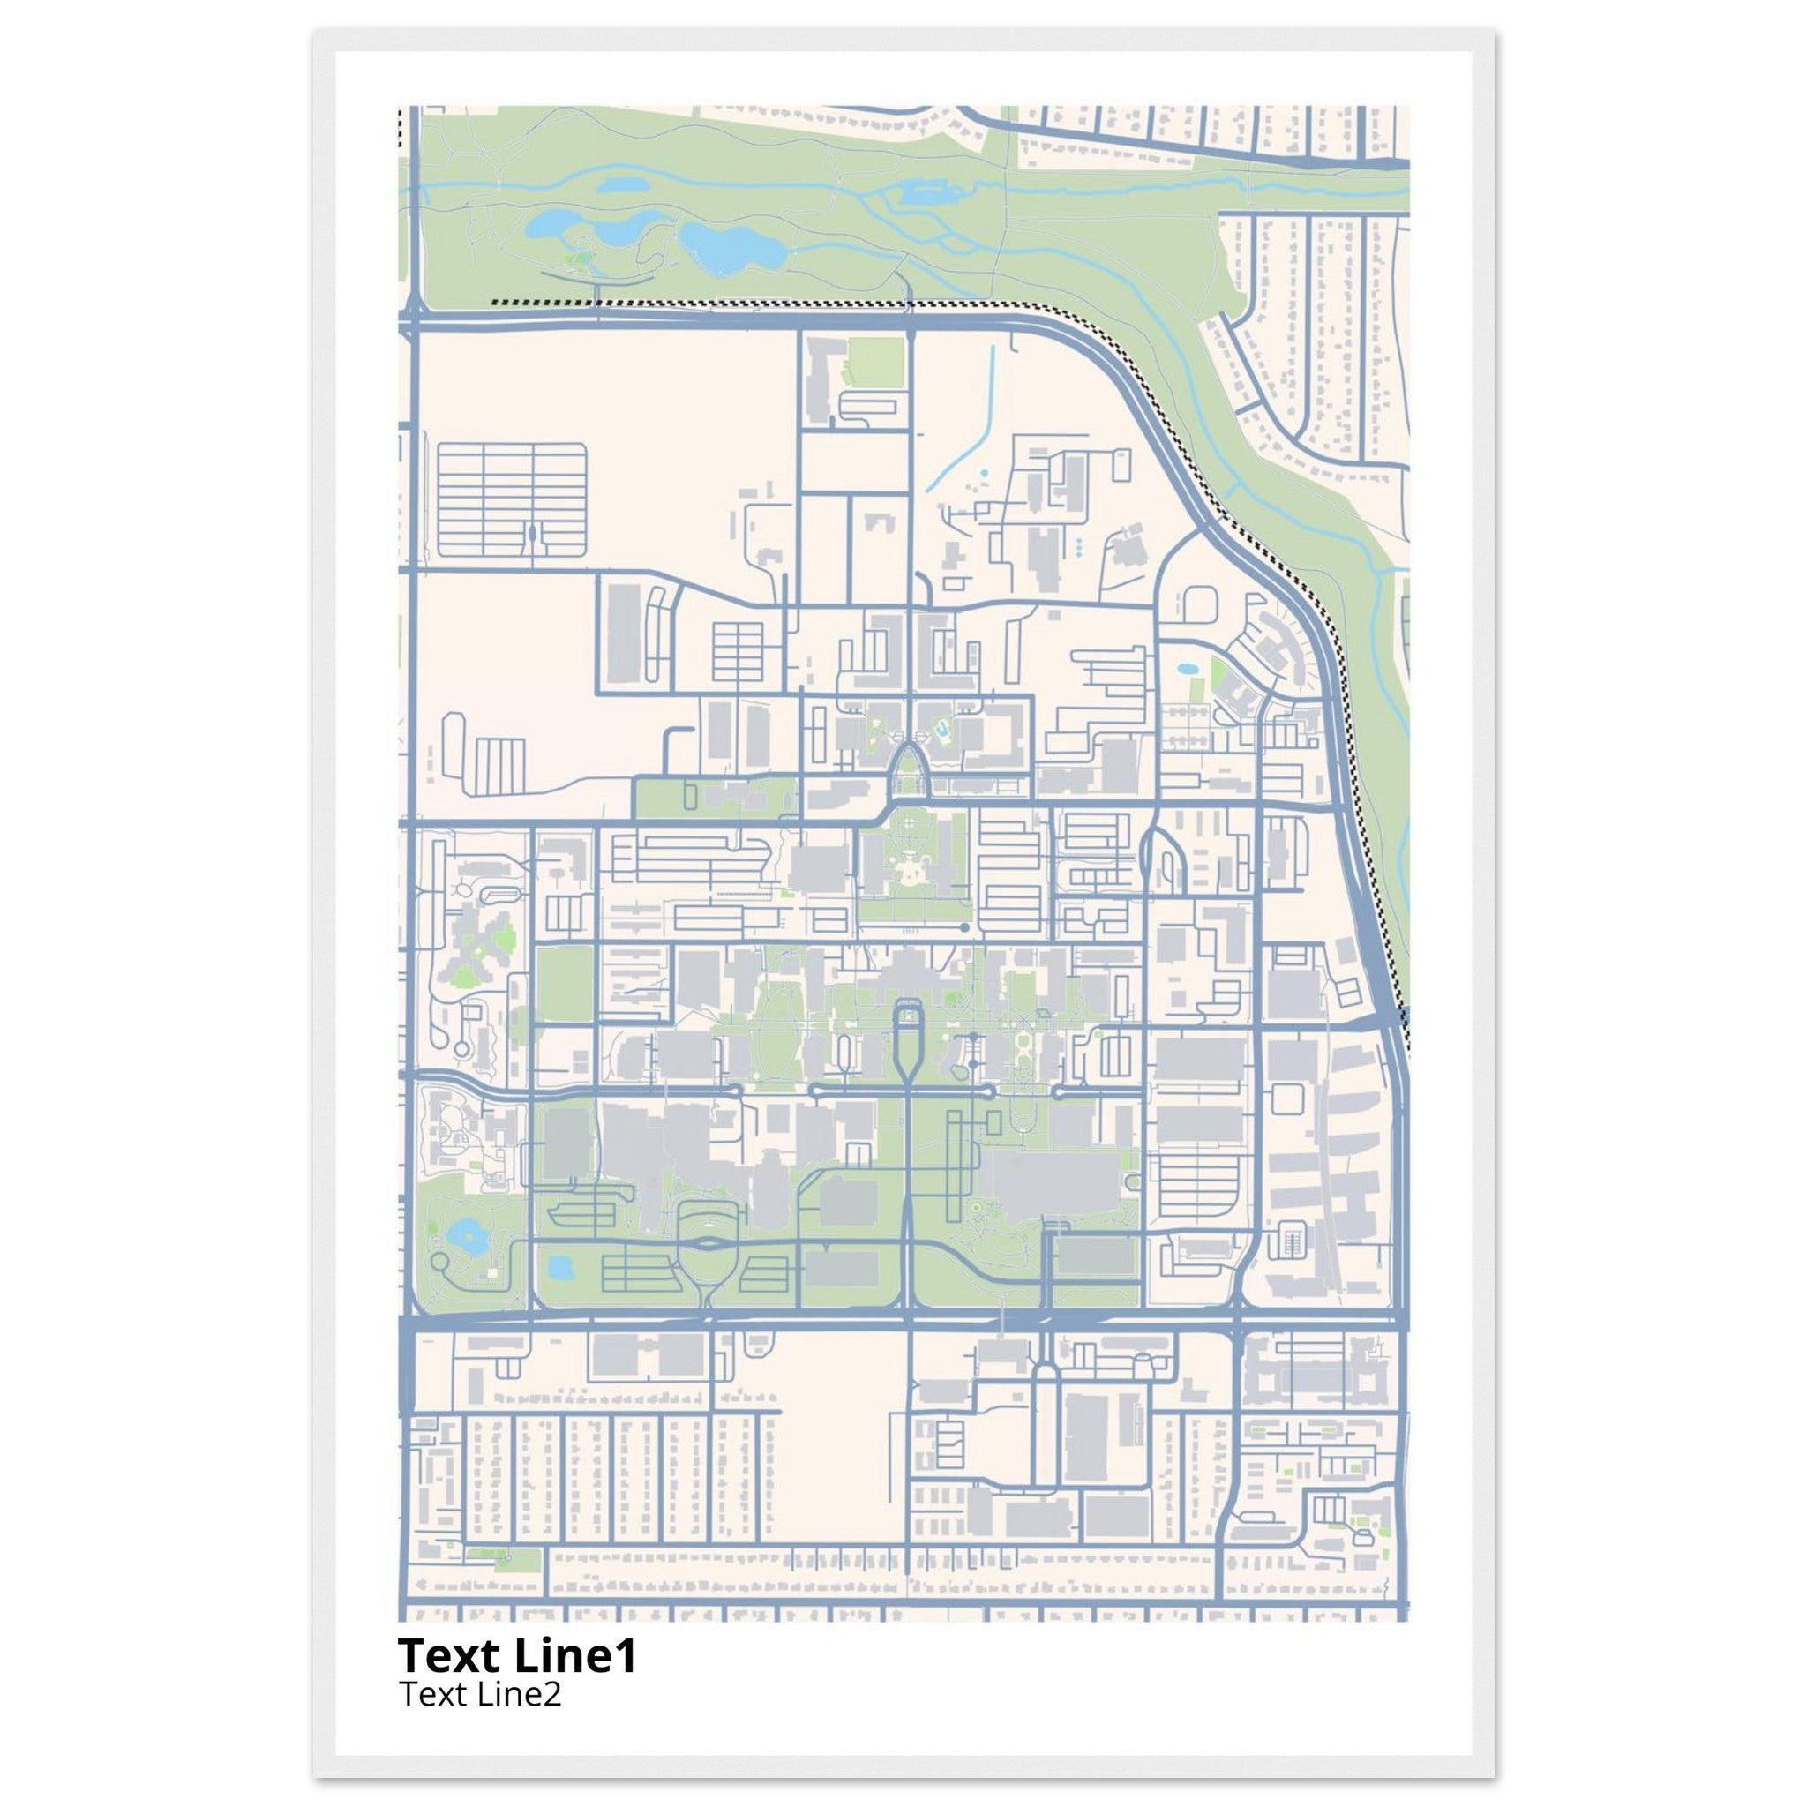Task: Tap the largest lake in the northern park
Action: [x=731, y=245]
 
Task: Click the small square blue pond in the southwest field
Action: [x=560, y=1268]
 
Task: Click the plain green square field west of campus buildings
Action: [x=565, y=984]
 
